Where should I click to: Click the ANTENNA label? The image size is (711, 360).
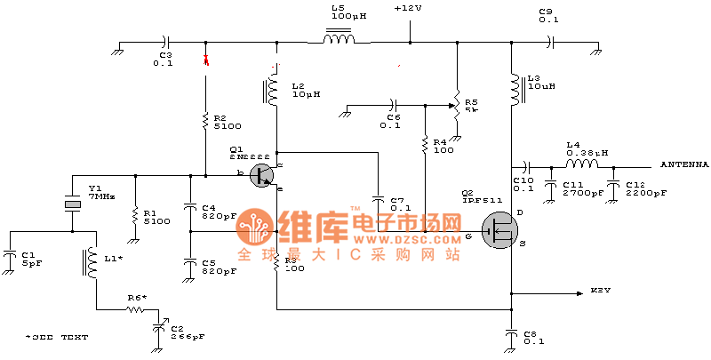pyautogui.click(x=683, y=164)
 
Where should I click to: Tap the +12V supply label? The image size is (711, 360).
pyautogui.click(x=409, y=9)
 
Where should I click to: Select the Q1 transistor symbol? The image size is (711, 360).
pyautogui.click(x=261, y=175)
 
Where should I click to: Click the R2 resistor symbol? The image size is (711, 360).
pyautogui.click(x=205, y=119)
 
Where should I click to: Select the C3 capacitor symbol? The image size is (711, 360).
pyautogui.click(x=164, y=41)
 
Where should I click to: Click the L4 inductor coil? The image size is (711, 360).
pyautogui.click(x=581, y=164)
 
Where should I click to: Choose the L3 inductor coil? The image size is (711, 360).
pyautogui.click(x=513, y=88)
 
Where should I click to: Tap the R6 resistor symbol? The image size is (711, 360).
pyautogui.click(x=135, y=309)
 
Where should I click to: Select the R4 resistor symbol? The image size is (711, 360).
pyautogui.click(x=425, y=143)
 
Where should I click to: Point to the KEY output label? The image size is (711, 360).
pyautogui.click(x=601, y=291)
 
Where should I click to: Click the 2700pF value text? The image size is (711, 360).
pyautogui.click(x=578, y=192)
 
